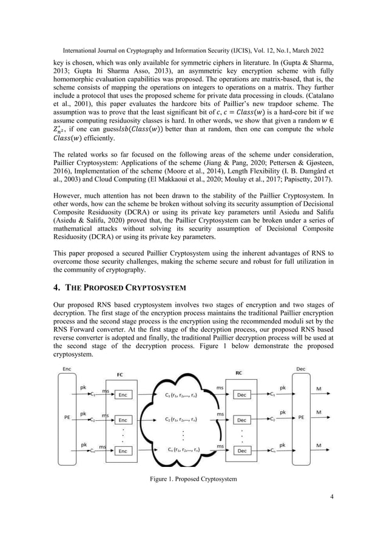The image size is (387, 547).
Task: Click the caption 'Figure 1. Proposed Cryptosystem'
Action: tap(193, 480)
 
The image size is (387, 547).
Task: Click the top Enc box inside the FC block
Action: tap(123, 395)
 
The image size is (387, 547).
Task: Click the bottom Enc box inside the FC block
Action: tap(123, 451)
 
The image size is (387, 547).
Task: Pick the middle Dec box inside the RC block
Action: tap(242, 420)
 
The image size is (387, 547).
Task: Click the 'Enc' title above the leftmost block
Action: tap(66, 369)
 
